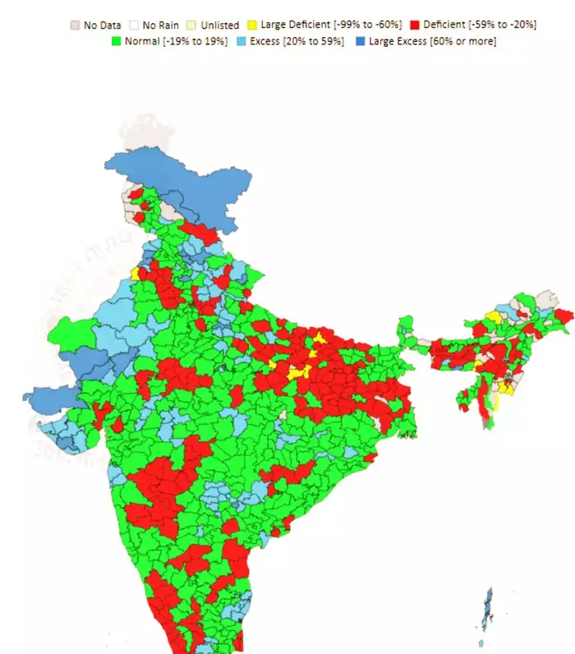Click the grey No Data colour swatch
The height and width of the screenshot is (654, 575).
click(75, 25)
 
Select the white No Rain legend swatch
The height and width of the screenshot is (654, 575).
click(135, 25)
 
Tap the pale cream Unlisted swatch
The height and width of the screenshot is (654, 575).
click(193, 25)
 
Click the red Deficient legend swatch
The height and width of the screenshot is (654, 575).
click(415, 25)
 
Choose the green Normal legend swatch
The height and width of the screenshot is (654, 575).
click(117, 41)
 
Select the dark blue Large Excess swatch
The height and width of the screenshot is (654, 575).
click(363, 41)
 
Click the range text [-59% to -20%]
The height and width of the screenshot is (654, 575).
click(503, 25)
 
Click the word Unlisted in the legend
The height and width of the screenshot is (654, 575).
click(220, 25)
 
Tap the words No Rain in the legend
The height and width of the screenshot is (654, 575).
click(161, 25)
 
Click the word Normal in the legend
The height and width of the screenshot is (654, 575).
click(142, 41)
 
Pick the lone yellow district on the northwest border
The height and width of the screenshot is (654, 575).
click(134, 272)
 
